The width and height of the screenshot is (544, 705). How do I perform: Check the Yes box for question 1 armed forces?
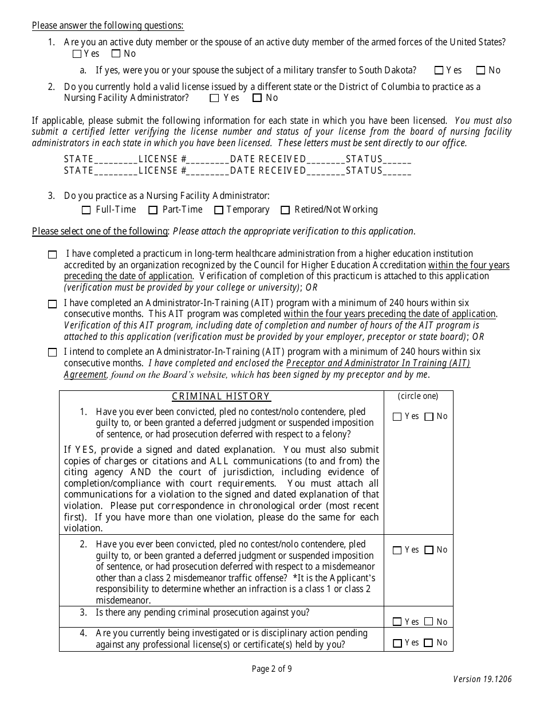(x=77, y=54)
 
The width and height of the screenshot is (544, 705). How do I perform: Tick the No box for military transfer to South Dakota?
(x=481, y=70)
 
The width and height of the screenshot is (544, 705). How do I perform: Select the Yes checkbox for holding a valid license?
(x=215, y=98)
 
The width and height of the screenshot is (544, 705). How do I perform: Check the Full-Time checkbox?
(x=86, y=210)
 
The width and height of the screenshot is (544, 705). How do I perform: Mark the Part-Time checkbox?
(x=153, y=210)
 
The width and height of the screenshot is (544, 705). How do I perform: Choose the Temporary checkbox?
(x=219, y=210)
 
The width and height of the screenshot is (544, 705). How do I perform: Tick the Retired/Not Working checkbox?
(x=285, y=210)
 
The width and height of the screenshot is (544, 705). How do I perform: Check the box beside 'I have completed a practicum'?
(x=53, y=254)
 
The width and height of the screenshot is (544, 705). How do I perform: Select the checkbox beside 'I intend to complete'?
(x=53, y=352)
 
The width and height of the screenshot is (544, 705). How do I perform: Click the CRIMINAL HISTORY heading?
(x=221, y=397)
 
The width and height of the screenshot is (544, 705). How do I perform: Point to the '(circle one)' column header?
(x=418, y=396)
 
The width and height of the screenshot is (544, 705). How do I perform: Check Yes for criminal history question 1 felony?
(x=397, y=417)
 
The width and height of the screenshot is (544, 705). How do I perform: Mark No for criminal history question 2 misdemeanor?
(x=429, y=551)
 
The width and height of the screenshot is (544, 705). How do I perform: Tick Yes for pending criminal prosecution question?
(x=397, y=622)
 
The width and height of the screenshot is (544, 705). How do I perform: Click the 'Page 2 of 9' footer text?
(x=272, y=668)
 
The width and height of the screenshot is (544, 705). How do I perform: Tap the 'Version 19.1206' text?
(x=482, y=680)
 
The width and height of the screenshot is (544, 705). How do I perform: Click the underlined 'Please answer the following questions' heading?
(x=108, y=25)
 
